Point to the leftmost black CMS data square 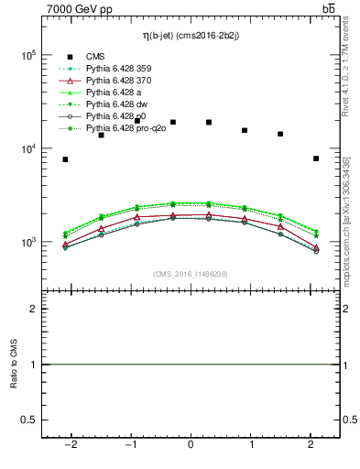coord(65,159)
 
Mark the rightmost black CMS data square coord(316,158)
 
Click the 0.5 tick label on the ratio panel coord(28,420)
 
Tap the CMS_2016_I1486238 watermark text coord(190,274)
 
